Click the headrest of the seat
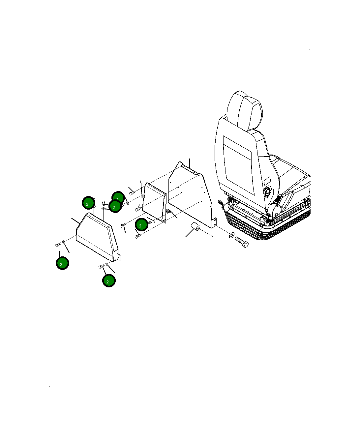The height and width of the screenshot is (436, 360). (245, 111)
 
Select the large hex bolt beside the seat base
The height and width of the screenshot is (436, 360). (242, 242)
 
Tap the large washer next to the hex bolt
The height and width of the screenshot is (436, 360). (231, 235)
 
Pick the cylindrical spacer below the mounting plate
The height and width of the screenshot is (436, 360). (195, 227)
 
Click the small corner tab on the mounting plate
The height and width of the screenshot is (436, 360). (214, 222)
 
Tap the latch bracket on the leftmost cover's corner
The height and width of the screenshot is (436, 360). (119, 257)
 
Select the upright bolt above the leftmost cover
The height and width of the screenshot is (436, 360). (103, 203)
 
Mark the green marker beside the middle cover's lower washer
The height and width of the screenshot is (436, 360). (141, 224)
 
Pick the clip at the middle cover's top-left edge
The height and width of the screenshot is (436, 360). (143, 196)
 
